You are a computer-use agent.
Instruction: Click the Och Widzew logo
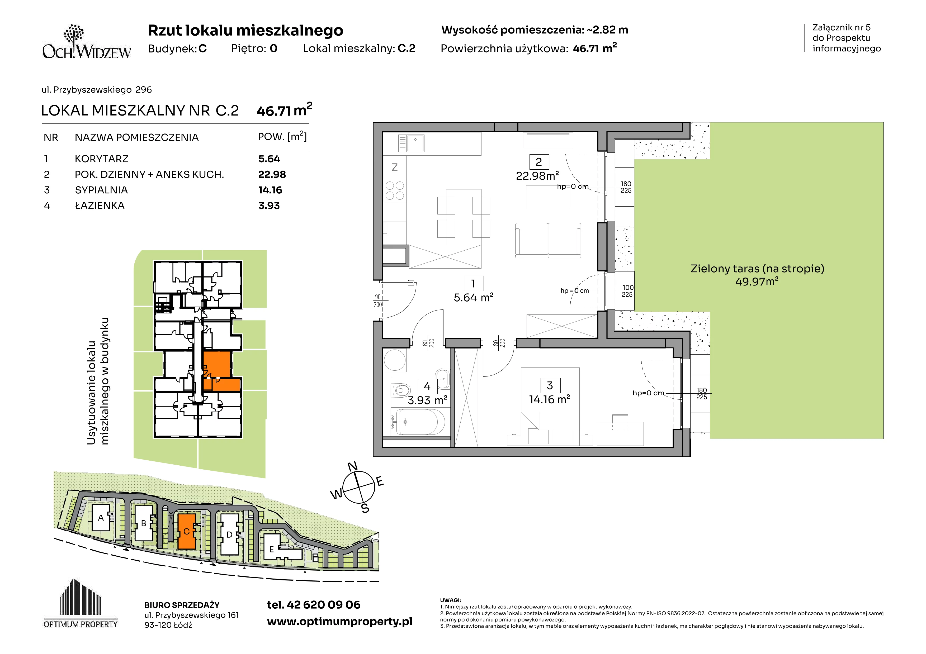[x=86, y=41]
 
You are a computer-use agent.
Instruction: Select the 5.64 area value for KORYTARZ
[x=269, y=159]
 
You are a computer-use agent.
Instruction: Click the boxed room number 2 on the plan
[x=539, y=162]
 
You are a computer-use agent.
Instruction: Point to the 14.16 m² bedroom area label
[x=549, y=399]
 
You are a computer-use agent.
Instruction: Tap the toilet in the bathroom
[x=400, y=390]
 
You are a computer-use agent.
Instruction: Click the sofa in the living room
[x=548, y=241]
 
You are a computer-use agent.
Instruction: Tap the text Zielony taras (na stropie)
[x=757, y=269]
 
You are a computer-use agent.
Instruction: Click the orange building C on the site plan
[x=187, y=531]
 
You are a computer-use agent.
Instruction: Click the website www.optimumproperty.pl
[x=339, y=622]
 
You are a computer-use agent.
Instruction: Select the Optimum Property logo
[x=81, y=604]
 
